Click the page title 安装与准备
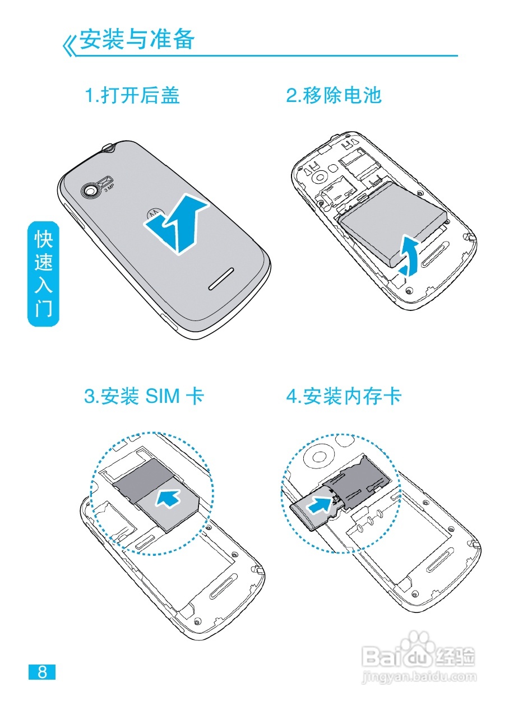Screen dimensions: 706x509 [137, 39]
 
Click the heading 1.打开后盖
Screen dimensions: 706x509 [132, 95]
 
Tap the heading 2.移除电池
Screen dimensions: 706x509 [334, 95]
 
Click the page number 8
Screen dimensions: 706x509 [42, 672]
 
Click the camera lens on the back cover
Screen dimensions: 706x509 [90, 191]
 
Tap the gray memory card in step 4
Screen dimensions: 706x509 [307, 513]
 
